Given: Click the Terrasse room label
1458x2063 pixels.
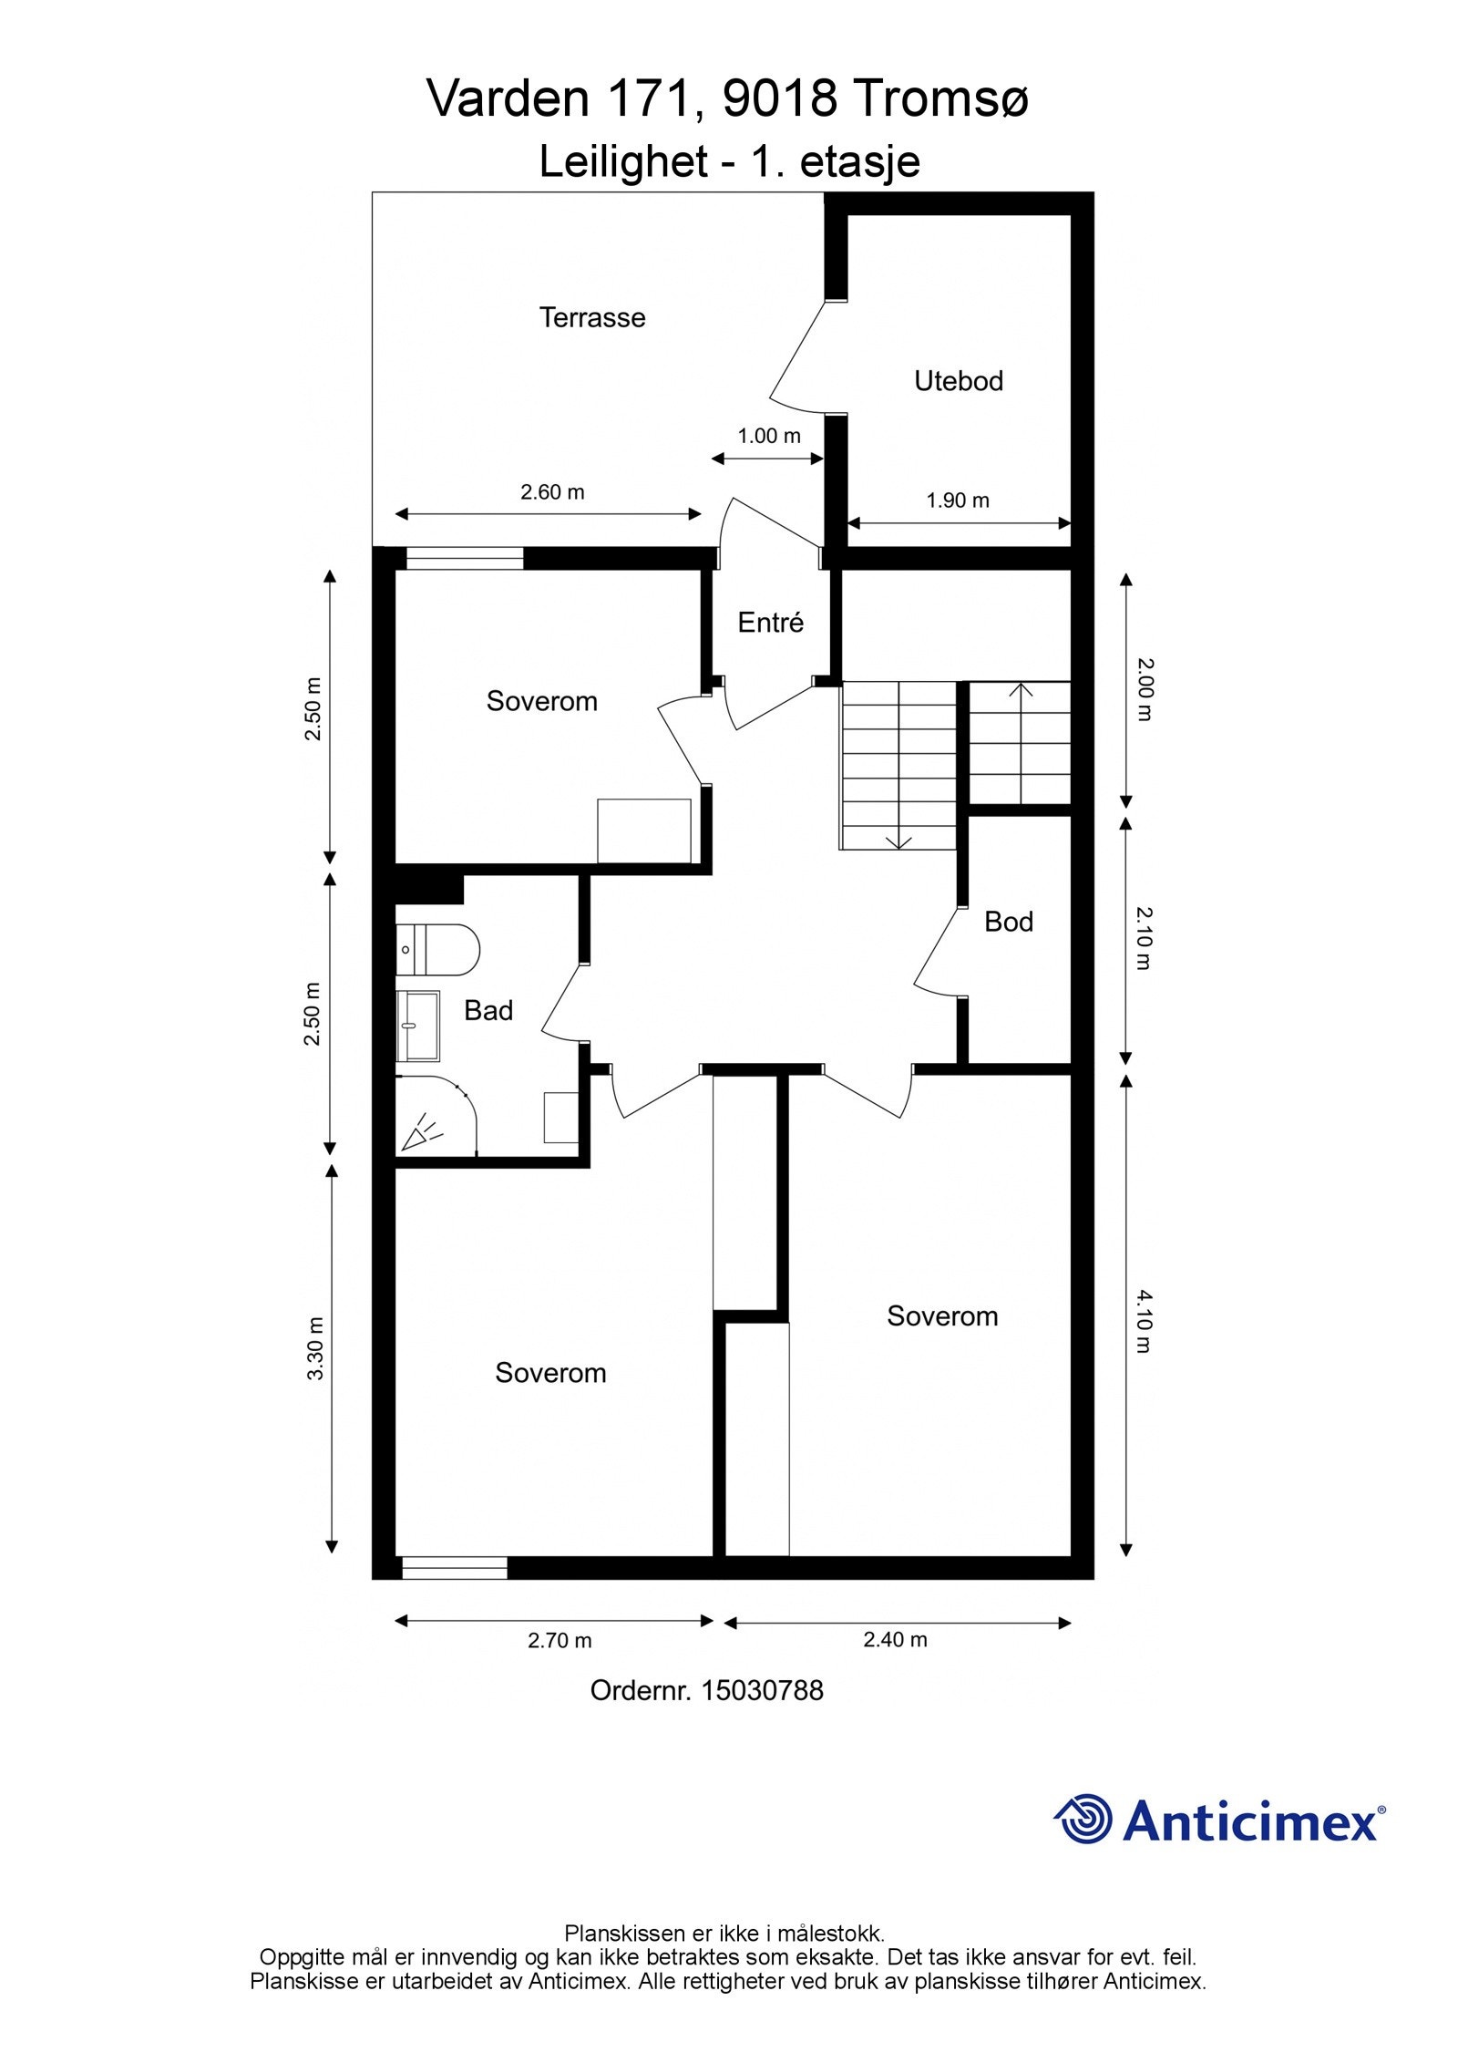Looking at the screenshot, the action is pos(592,317).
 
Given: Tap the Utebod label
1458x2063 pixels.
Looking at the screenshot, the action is pos(959,380).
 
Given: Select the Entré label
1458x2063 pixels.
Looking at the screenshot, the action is pos(771,622).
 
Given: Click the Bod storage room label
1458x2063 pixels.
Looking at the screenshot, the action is pos(1009,922).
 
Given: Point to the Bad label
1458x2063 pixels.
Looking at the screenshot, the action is pos(488,1010).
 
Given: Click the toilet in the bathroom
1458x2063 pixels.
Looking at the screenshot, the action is pos(437,950).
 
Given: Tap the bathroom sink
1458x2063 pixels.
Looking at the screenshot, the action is pos(418,1026).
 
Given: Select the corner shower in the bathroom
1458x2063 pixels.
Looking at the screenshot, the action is pos(436,1117).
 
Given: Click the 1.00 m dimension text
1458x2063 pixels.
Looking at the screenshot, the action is pos(769,436).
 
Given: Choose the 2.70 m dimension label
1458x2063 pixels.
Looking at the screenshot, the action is pos(560,1641).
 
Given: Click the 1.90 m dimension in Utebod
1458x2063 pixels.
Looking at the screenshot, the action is pos(958,500).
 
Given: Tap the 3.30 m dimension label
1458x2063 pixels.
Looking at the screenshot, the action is pos(315,1349).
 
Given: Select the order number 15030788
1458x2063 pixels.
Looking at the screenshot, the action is pos(762,1691).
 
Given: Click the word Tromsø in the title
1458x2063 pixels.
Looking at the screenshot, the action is pos(939,98).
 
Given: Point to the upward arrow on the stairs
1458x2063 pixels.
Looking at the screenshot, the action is pos(1021,742).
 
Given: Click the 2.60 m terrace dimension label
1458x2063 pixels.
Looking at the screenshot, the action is pos(552,492).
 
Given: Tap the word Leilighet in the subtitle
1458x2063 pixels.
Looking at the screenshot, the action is pos(624,162).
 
